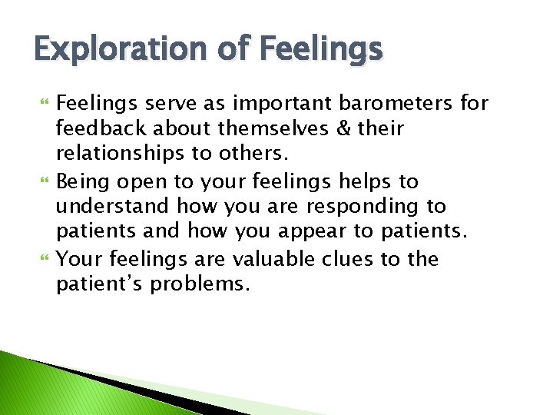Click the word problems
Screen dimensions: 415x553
pos(200,285)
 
